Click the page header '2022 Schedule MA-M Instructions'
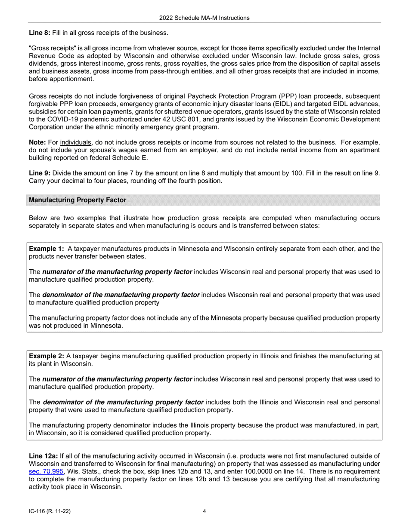point(204,18)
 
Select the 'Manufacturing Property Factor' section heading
point(77,200)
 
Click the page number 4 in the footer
point(204,511)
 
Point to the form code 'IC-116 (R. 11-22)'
point(50,511)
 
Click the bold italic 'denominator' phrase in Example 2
point(124,402)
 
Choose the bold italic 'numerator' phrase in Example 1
point(117,272)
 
